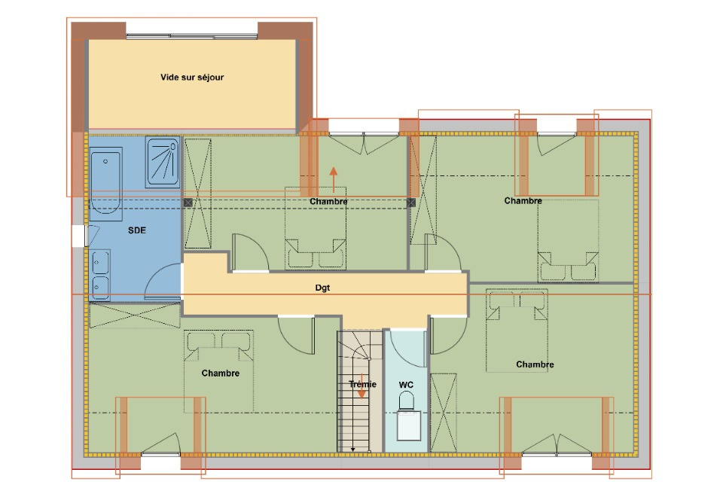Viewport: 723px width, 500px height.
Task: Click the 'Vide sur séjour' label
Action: [x=192, y=77]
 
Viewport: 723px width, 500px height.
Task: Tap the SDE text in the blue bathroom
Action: [x=136, y=230]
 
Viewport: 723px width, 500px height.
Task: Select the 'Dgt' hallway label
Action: [x=323, y=288]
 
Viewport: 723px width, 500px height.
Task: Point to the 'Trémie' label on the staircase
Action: [x=362, y=384]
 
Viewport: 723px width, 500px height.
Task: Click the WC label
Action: [x=407, y=385]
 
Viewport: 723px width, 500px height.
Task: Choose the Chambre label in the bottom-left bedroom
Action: [x=221, y=373]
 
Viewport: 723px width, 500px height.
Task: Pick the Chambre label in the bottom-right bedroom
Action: [x=535, y=364]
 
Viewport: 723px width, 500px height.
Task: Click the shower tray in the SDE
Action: [x=163, y=161]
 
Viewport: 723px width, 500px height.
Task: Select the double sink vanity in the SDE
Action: [x=99, y=274]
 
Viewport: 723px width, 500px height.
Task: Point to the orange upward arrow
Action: [x=333, y=180]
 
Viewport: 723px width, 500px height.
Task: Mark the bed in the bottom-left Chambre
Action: [x=219, y=369]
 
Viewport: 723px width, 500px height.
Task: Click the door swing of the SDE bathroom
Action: [x=164, y=282]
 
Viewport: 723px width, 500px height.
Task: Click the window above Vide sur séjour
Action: [x=192, y=35]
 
